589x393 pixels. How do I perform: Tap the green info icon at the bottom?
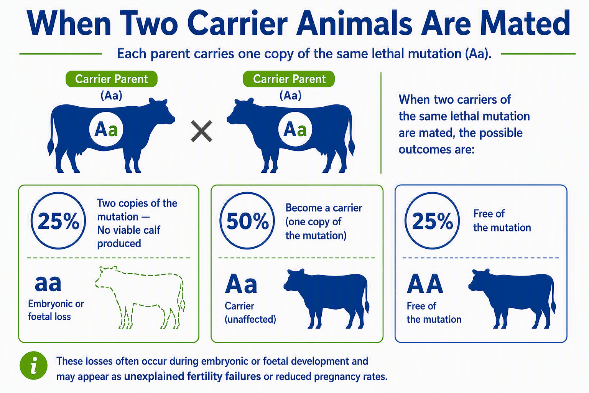tap(34, 365)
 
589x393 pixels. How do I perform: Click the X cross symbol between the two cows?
tap(201, 131)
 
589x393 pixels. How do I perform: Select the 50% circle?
tap(247, 221)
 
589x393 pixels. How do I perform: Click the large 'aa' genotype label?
tap(48, 283)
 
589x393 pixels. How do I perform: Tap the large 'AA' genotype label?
tap(425, 284)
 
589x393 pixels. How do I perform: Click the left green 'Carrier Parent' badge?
tap(112, 79)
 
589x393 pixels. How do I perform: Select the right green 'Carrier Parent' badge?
tap(289, 79)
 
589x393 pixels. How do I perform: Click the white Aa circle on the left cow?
tap(106, 129)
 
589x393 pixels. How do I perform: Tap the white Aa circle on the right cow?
tap(295, 129)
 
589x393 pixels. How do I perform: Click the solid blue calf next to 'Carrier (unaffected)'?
tap(326, 298)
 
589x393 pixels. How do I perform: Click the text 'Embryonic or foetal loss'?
tap(56, 310)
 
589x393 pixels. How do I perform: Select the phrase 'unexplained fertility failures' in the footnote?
tap(192, 376)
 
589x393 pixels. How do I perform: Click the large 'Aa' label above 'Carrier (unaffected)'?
tap(241, 284)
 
